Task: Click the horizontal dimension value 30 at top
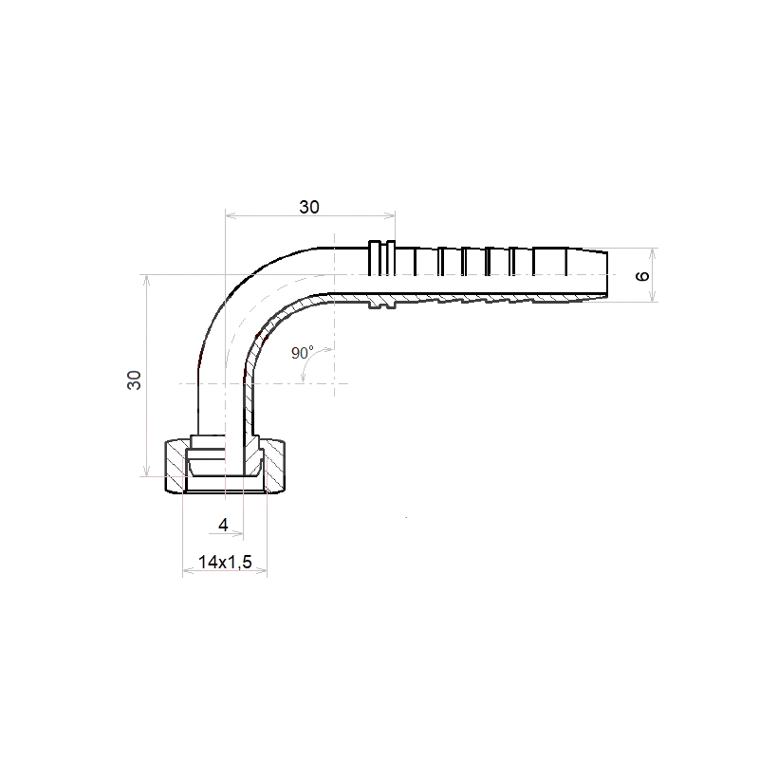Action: coord(309,207)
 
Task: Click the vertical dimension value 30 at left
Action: coord(134,380)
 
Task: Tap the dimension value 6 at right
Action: coord(642,276)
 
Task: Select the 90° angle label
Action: coord(303,352)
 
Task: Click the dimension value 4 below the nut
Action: coord(223,525)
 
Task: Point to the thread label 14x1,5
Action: coord(225,562)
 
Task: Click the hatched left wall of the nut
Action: coord(176,464)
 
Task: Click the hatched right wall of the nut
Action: coord(274,464)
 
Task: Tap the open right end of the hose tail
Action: coord(607,274)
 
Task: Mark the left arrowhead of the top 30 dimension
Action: coord(231,216)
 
